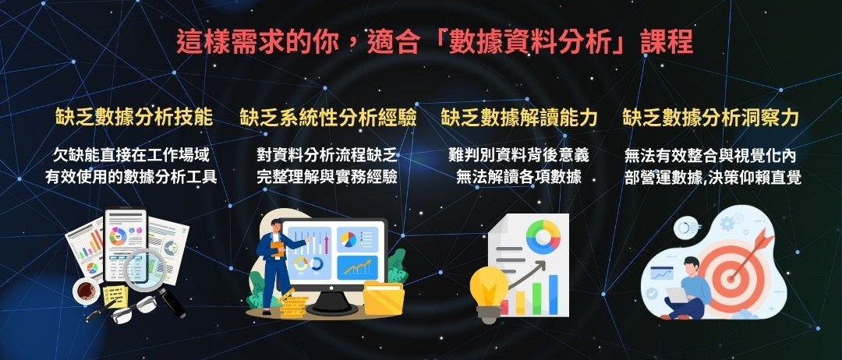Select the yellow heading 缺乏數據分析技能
[134, 118]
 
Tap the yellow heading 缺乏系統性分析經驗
[328, 118]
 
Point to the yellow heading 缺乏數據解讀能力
[519, 118]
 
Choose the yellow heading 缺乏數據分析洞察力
[711, 118]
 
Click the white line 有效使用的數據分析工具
[131, 177]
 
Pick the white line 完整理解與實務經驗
[327, 177]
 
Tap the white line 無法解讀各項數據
[518, 177]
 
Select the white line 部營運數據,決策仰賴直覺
[713, 177]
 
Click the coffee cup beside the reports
[87, 291]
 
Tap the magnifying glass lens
[144, 270]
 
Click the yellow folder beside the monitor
[384, 298]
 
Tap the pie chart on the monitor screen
[348, 239]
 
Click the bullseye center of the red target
[729, 279]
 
